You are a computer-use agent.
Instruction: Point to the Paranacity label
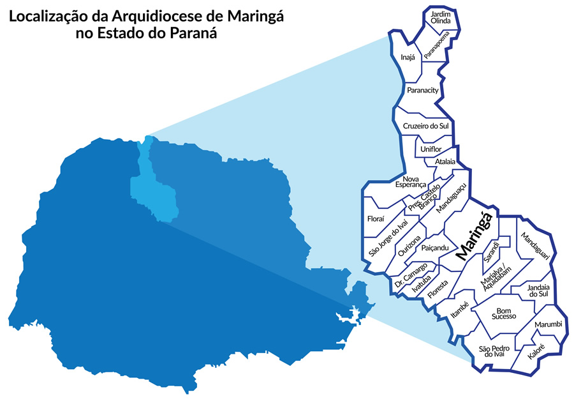[422, 91]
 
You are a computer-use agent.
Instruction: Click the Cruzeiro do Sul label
[426, 126]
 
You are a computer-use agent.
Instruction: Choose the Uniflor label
[432, 149]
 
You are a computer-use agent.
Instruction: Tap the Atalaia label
[445, 162]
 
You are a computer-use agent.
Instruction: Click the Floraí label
[376, 219]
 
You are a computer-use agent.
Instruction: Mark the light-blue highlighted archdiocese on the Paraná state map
[152, 185]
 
